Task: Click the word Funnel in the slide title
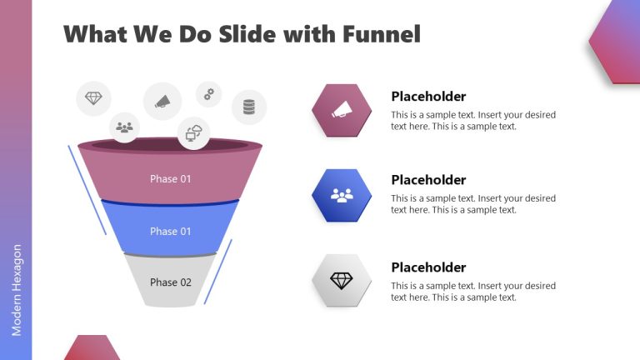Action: [x=381, y=34]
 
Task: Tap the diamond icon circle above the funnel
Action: [x=93, y=98]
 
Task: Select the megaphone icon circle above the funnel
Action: [x=162, y=102]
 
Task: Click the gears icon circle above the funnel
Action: [x=208, y=94]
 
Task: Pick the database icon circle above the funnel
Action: [x=248, y=107]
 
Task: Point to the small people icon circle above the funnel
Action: [x=124, y=127]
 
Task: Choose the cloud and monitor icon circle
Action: [x=193, y=132]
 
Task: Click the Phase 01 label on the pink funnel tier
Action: [x=171, y=178]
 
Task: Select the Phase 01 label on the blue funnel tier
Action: [x=171, y=231]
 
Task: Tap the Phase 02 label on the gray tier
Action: [x=171, y=282]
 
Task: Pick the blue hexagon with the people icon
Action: [x=342, y=195]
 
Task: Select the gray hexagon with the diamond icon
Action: [x=342, y=281]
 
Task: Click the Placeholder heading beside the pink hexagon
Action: [x=428, y=97]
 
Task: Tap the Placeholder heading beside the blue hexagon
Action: [x=428, y=180]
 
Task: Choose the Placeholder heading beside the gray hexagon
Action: [x=428, y=267]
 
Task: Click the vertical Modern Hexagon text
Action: [x=17, y=290]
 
